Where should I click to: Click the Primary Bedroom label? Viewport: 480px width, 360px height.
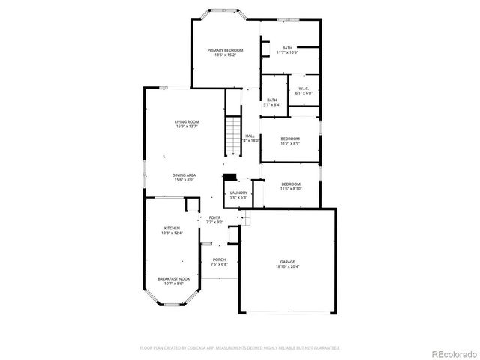pos(226,50)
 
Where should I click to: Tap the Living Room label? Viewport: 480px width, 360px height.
pos(187,121)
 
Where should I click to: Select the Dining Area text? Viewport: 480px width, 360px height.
pos(184,175)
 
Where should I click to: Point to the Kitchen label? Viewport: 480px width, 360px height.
pos(172,228)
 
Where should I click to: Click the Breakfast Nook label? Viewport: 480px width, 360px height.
pos(173,278)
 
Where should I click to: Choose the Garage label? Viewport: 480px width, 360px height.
pos(288,261)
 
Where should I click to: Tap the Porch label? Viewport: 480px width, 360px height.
pos(219,259)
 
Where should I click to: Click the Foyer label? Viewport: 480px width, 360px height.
pos(214,217)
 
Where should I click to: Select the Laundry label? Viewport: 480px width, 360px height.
pos(239,193)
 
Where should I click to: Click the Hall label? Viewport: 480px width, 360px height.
pos(250,136)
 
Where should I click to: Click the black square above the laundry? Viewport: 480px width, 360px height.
pos(231,178)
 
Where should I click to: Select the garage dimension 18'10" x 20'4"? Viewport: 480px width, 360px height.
pos(288,266)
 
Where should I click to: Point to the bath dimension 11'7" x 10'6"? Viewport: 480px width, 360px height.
pos(287,53)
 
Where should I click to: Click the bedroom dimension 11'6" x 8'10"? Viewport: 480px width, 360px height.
pos(290,189)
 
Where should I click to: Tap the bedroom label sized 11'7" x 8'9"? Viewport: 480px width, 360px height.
pos(290,139)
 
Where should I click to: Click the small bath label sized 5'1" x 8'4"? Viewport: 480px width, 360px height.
pos(271,100)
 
